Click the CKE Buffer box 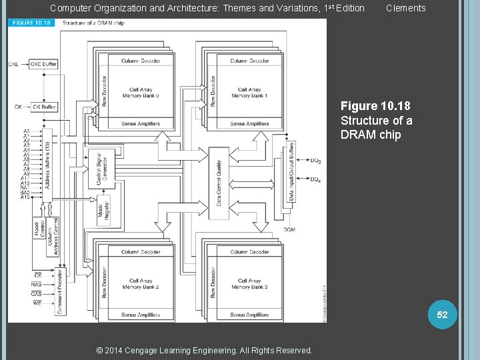45,64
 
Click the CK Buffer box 45,107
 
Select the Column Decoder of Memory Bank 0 140,61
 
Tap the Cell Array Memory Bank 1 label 249,93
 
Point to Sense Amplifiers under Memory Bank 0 140,123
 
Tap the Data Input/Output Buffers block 291,172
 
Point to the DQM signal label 289,230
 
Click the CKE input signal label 13,65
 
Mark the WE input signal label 37,303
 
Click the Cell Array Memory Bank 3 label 249,284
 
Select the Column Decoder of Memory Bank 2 140,252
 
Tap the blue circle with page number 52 443,314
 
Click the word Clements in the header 405,8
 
